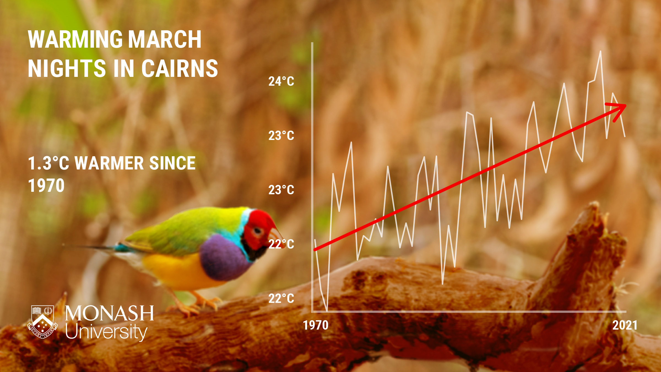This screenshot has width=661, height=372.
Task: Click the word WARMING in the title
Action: tap(74, 39)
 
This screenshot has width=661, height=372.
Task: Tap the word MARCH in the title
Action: tap(165, 39)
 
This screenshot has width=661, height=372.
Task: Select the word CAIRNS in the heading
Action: tap(180, 68)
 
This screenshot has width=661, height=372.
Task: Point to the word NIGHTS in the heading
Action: tap(67, 68)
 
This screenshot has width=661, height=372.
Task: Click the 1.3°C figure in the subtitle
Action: tap(48, 163)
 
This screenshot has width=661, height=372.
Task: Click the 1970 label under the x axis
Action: tap(316, 325)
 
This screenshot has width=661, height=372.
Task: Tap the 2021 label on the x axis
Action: tap(625, 325)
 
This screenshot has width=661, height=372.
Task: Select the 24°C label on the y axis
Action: tap(281, 81)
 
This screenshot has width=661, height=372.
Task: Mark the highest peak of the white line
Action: tap(600, 52)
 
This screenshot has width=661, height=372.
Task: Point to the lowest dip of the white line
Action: tap(327, 310)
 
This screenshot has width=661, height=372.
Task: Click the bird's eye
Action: tap(258, 231)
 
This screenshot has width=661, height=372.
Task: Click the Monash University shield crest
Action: tap(43, 322)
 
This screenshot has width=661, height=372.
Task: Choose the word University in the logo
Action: tap(106, 332)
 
